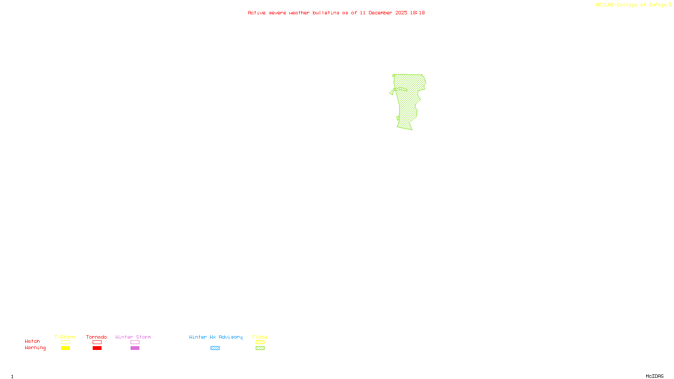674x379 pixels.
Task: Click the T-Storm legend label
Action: pos(65,337)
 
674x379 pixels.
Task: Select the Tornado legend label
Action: pos(96,337)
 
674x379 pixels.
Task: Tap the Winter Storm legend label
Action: pos(133,337)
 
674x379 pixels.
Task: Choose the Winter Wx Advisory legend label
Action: pos(216,337)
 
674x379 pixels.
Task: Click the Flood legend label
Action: pos(260,337)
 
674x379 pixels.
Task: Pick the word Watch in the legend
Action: pos(32,341)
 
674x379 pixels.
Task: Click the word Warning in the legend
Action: pos(35,348)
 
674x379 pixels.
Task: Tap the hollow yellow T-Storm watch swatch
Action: pos(65,342)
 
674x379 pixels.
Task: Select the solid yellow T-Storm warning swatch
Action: pos(65,348)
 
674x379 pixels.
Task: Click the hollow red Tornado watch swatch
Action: pos(97,342)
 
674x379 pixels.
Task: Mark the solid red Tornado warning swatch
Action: pos(97,348)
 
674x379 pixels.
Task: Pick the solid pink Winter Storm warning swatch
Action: pos(135,348)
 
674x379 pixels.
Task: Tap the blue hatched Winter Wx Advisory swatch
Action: pos(215,348)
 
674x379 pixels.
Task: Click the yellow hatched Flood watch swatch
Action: pos(260,342)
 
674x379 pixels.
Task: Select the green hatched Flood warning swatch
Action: pos(260,348)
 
